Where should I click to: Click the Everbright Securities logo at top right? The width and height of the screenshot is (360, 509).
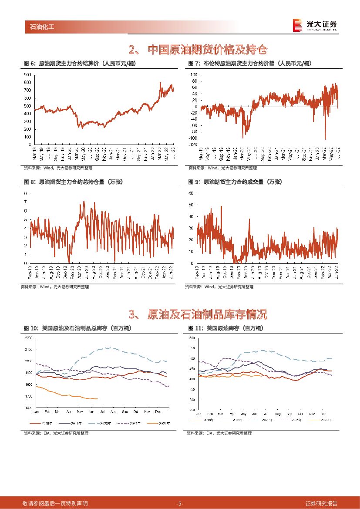click(315, 25)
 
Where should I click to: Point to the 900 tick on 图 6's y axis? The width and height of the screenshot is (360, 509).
click(27, 74)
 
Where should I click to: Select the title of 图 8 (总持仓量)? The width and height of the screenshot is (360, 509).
click(72, 182)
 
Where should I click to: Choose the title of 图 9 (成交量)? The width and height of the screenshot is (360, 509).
click(235, 182)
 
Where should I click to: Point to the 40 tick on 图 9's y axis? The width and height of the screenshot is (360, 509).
click(191, 216)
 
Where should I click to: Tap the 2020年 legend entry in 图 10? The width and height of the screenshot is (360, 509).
click(100, 423)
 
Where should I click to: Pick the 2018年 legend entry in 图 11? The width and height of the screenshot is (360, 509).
click(204, 420)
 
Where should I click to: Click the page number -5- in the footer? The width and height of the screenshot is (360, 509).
click(179, 503)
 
